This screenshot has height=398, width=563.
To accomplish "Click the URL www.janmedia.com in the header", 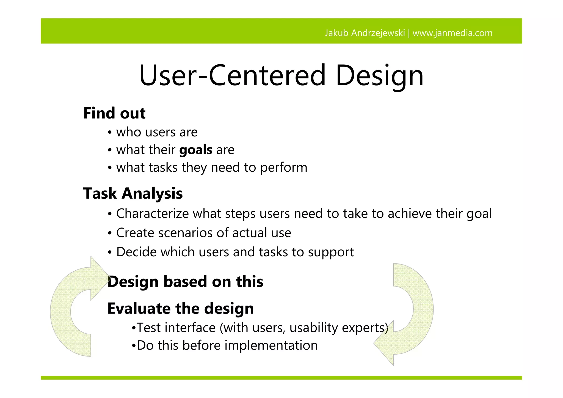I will (x=452, y=33).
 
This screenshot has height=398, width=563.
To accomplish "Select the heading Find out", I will (x=114, y=113).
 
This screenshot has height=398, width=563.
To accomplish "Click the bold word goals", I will (x=196, y=150).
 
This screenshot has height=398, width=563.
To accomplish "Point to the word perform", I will (x=283, y=168).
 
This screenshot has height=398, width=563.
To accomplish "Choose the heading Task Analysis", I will (x=133, y=193).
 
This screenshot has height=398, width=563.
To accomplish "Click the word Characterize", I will (x=152, y=213).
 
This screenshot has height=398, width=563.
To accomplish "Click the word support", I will (x=331, y=252).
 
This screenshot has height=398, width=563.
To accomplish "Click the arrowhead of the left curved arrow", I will (x=100, y=278).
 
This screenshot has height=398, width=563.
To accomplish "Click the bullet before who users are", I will (x=110, y=133).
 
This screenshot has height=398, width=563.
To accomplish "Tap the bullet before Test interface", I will (x=134, y=328).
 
